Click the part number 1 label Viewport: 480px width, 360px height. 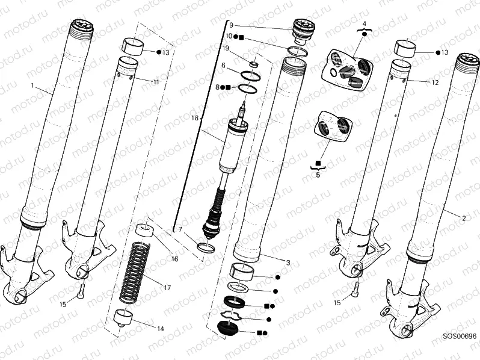[32, 85]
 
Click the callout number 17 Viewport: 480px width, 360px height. [168, 288]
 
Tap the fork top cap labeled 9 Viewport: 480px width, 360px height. [303, 31]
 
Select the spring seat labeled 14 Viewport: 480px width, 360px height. [123, 317]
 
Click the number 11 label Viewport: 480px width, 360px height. [156, 81]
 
